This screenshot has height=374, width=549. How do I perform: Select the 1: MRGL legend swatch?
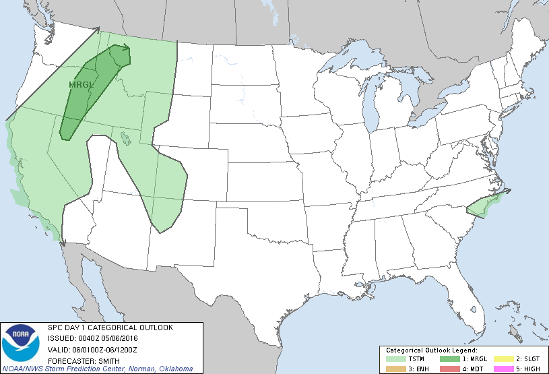click(x=447, y=359)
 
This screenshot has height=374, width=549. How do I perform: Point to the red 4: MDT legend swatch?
click(x=447, y=368)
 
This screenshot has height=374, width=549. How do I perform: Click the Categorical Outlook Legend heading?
click(x=431, y=350)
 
